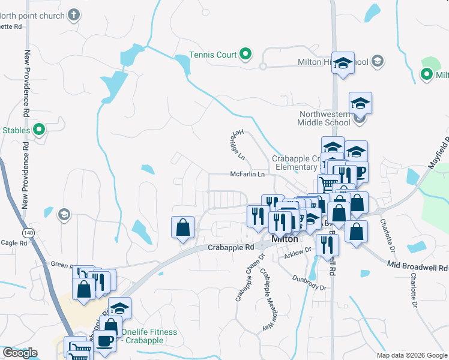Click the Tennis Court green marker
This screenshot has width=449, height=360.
click(246, 55)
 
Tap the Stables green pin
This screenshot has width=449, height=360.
click(40, 129)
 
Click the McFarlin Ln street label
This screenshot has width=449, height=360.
click(247, 175)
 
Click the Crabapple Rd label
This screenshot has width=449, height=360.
click(231, 247)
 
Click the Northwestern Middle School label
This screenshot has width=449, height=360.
click(324, 118)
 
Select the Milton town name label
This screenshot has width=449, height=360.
click(285, 239)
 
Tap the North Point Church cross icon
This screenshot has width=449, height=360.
click(74, 15)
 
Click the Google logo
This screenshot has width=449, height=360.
click(20, 353)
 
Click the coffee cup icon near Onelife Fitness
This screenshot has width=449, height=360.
click(106, 340)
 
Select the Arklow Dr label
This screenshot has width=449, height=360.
click(298, 254)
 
